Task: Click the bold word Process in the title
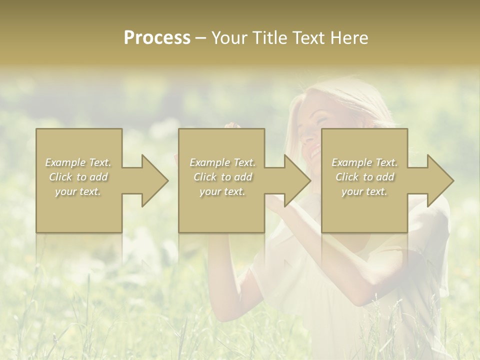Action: (x=157, y=38)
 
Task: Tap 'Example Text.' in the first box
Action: (x=78, y=162)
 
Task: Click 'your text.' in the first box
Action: (x=78, y=191)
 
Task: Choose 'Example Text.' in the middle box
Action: (x=222, y=162)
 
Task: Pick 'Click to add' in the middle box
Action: (x=222, y=177)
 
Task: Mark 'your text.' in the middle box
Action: (x=222, y=191)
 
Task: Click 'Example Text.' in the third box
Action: (x=364, y=162)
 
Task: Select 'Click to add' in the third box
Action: (x=364, y=177)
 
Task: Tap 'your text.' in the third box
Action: (x=364, y=191)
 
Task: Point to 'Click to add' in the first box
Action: (x=78, y=177)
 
